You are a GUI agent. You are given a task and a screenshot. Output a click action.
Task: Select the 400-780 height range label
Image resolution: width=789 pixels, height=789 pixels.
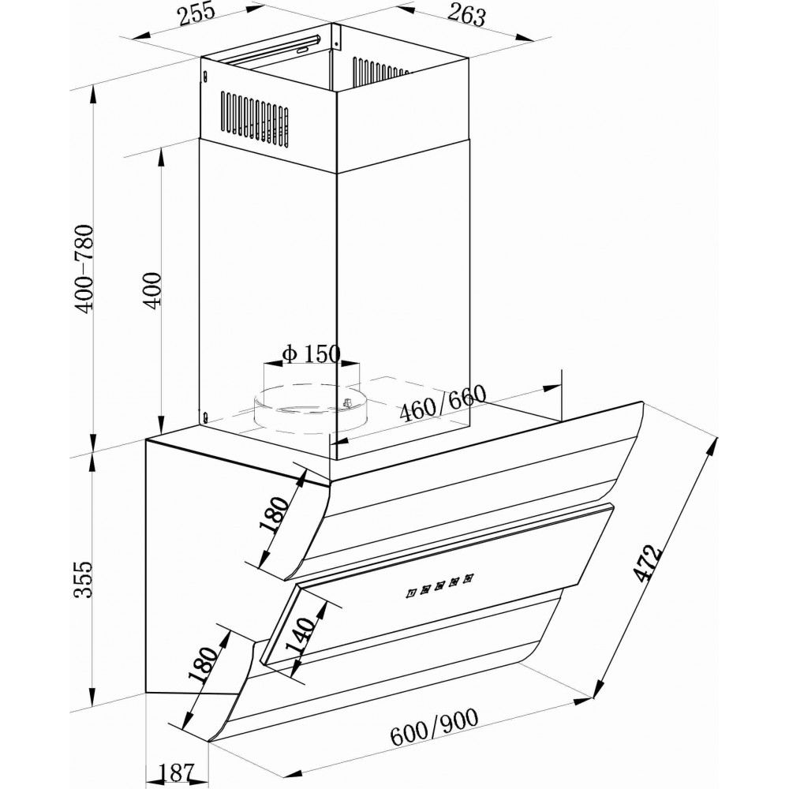[x=85, y=267]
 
